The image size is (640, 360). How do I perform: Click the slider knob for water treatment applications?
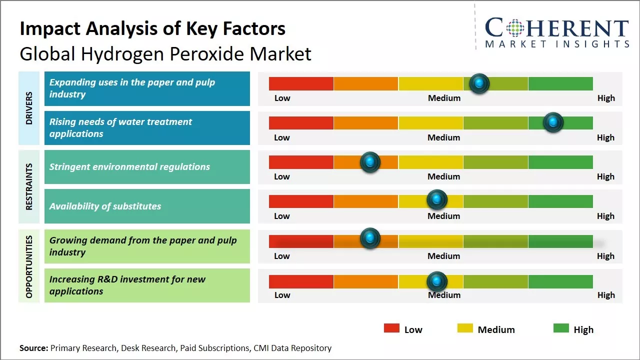(553, 122)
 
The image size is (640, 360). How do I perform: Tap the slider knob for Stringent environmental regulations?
(370, 162)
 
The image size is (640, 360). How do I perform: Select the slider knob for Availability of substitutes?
(437, 200)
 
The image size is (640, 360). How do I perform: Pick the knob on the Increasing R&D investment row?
(437, 281)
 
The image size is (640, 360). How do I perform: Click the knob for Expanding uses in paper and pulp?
(479, 83)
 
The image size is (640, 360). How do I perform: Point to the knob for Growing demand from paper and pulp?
(370, 238)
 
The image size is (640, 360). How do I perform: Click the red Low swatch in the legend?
(391, 328)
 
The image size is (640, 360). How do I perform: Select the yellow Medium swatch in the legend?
(465, 328)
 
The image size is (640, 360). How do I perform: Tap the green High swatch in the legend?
(561, 328)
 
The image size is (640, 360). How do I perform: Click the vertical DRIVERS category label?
(29, 108)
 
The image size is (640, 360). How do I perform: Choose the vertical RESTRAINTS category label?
(29, 186)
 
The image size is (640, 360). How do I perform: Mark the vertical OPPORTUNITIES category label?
(29, 266)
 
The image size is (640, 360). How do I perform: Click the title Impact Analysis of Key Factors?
(152, 29)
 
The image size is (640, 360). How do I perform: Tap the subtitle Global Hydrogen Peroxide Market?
(165, 54)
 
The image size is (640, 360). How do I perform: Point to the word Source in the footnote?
(33, 348)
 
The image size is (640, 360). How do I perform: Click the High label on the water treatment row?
(605, 137)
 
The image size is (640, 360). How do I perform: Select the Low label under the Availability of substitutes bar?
(282, 216)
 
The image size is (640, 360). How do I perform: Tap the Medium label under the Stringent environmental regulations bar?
(443, 176)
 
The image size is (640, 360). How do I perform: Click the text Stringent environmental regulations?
(129, 167)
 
